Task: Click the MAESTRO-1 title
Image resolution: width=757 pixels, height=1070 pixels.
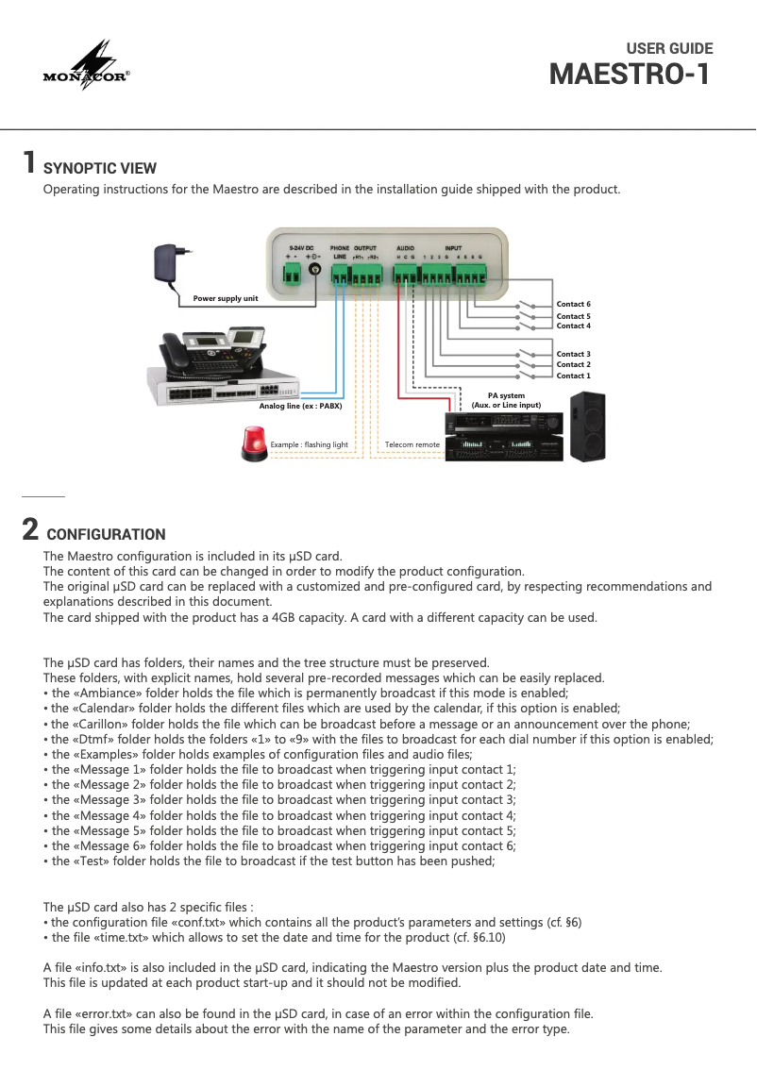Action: [x=631, y=74]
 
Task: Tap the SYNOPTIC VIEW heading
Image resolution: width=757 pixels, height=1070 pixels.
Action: [x=100, y=169]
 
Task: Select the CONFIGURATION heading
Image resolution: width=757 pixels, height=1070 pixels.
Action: [x=106, y=534]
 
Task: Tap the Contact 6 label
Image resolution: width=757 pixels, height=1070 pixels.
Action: [x=573, y=304]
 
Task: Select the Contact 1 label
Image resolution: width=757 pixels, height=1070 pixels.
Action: [x=573, y=376]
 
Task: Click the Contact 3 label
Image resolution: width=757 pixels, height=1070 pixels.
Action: [x=573, y=354]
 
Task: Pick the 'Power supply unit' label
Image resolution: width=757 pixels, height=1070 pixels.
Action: [x=225, y=298]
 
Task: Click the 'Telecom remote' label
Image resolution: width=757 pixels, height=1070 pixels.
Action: [x=412, y=443]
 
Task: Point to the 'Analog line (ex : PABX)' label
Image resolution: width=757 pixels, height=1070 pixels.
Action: [x=300, y=405]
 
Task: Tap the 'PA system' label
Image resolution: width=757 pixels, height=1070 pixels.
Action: [x=506, y=395]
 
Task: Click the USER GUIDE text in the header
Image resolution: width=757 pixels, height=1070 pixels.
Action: [x=669, y=49]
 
